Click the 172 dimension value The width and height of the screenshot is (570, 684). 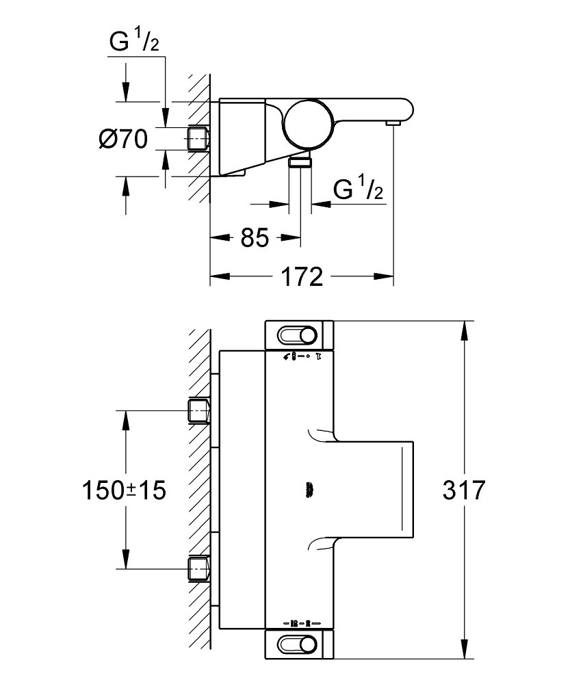click(x=301, y=276)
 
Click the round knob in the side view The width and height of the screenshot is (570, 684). click(x=307, y=122)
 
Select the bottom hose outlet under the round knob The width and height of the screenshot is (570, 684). click(x=299, y=161)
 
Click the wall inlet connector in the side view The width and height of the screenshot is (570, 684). click(x=198, y=138)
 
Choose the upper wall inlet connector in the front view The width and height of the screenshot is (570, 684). click(x=198, y=411)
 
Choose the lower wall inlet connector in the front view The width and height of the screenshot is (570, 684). click(x=198, y=568)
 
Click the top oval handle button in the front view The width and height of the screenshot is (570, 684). click(x=298, y=334)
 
